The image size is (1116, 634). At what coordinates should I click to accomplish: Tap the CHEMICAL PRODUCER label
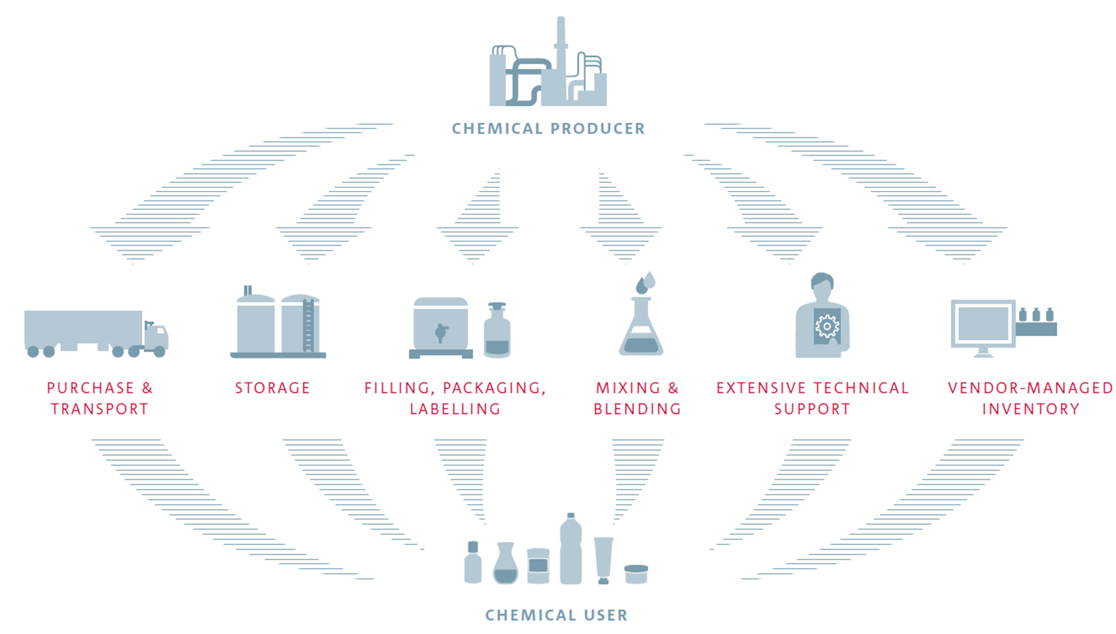click(x=548, y=129)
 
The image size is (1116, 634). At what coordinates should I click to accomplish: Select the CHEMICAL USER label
click(x=556, y=615)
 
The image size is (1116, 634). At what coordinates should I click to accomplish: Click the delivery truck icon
click(x=96, y=333)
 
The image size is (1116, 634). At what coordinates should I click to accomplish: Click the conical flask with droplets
click(x=641, y=323)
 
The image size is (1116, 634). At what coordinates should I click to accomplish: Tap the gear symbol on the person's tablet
click(x=827, y=326)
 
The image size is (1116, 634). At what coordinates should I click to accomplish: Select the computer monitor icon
click(x=983, y=326)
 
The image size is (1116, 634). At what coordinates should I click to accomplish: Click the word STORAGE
click(x=273, y=388)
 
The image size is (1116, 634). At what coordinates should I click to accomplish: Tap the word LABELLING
click(x=455, y=409)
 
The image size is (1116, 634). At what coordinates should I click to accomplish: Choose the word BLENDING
click(x=637, y=409)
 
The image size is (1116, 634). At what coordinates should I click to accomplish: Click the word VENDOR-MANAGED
click(x=1030, y=388)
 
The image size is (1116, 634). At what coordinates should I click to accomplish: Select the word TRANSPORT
click(x=100, y=409)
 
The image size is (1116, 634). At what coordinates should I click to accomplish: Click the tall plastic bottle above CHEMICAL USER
click(x=570, y=549)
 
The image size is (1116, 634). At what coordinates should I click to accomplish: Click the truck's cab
click(x=156, y=337)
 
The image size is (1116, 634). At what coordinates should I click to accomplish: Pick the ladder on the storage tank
click(x=308, y=325)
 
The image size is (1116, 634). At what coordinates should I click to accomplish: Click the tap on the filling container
click(x=441, y=332)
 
